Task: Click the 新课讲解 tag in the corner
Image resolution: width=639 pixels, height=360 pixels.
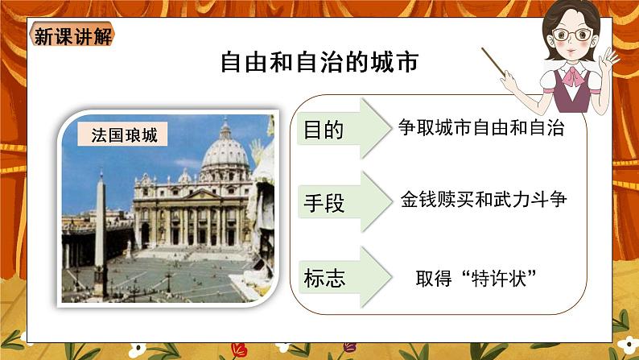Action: pyautogui.click(x=73, y=36)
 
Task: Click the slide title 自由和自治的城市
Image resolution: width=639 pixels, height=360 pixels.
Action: pyautogui.click(x=319, y=63)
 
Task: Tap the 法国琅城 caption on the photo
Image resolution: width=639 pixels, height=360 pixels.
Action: pyautogui.click(x=122, y=134)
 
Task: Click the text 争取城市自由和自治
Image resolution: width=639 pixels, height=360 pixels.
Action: pyautogui.click(x=481, y=127)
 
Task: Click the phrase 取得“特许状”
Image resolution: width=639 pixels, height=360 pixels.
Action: pyautogui.click(x=476, y=278)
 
